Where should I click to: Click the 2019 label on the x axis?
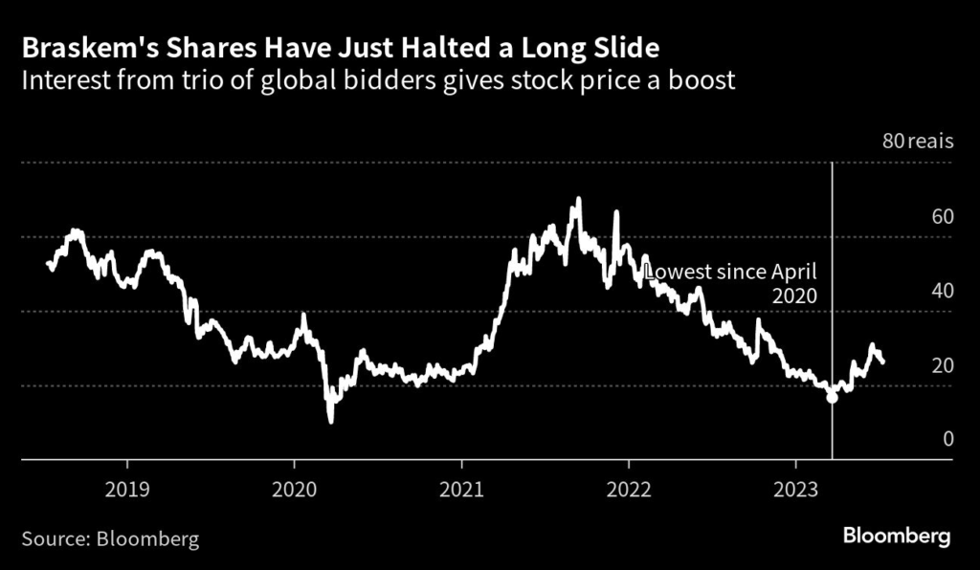(x=127, y=488)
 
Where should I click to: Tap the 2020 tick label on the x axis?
(x=295, y=488)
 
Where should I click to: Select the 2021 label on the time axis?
(x=462, y=488)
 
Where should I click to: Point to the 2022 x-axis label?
(x=629, y=488)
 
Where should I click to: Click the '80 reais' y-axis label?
(x=917, y=142)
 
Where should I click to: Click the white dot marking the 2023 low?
(x=832, y=397)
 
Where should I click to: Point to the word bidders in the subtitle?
(x=449, y=79)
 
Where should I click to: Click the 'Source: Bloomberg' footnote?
(x=111, y=538)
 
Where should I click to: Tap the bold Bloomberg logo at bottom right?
(x=896, y=536)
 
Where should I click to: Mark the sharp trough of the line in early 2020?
(x=331, y=421)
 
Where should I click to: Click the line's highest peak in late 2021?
(x=577, y=199)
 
